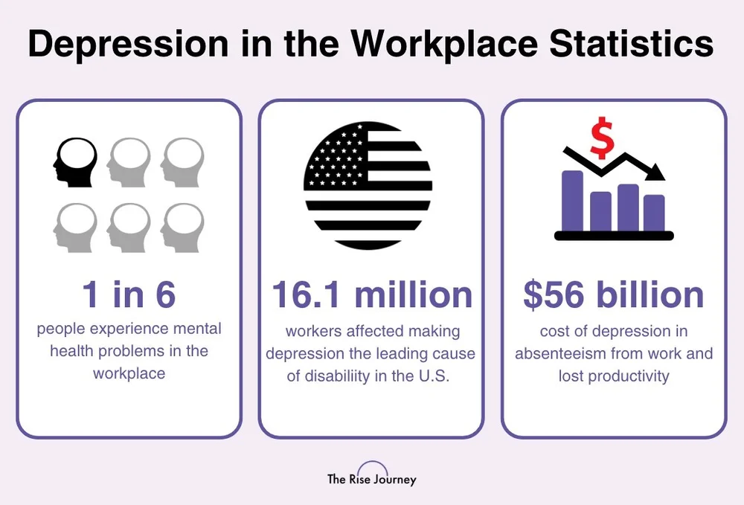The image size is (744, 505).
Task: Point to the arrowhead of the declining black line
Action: point(657,174)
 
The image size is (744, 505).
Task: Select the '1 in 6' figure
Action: point(129,295)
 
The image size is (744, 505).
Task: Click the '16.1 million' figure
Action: point(371,295)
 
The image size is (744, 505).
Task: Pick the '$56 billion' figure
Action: point(614,295)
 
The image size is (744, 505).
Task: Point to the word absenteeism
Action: point(565,353)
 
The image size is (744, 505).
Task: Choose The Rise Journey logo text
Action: point(372,479)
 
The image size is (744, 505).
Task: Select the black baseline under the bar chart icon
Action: point(614,236)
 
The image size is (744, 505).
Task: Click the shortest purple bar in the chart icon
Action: point(600,211)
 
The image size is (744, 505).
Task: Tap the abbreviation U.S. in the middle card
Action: point(433,376)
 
